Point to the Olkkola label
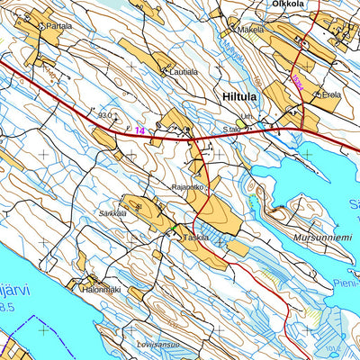289,4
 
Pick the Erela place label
329,94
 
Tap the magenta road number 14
139,131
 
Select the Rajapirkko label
189,188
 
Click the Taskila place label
195,238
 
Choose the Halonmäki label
100,290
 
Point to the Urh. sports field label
248,117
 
